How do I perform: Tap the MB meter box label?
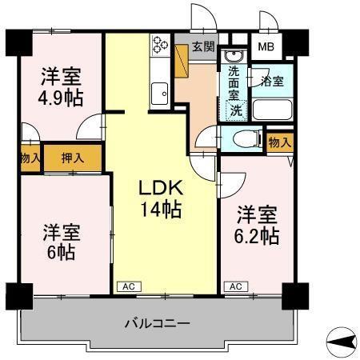pos(264,46)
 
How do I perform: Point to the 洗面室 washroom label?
pos(234,83)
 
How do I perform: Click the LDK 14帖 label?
pos(162,199)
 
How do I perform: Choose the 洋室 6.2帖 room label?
pos(258,226)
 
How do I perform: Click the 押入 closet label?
pos(74,158)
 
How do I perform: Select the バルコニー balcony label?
pos(157,324)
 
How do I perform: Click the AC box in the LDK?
pos(128,286)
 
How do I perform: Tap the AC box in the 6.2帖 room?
pos(235,286)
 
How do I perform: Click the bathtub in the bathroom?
pos(272,109)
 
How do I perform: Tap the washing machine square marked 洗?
pos(237,110)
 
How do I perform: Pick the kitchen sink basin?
pos(158,92)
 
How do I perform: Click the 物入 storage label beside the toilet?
pos(278,142)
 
